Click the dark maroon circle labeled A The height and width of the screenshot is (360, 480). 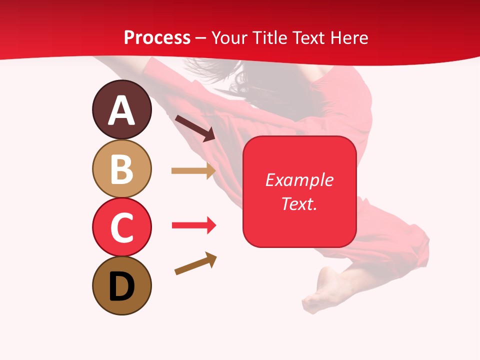coord(121,109)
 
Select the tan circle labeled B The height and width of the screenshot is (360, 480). coord(121,168)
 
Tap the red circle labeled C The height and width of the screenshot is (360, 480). coord(121,227)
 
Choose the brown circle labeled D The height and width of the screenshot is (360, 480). coord(121,285)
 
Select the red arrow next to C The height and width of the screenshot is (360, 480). coord(193,225)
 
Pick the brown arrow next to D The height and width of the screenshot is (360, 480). coord(195,263)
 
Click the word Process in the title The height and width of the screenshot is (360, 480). coord(157,38)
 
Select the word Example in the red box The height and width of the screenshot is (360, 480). coord(299,180)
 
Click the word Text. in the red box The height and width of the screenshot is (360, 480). coord(299,203)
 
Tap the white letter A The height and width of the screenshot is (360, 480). coord(121,110)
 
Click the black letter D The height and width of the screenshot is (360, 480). coord(121,286)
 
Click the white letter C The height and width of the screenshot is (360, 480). coord(121,228)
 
